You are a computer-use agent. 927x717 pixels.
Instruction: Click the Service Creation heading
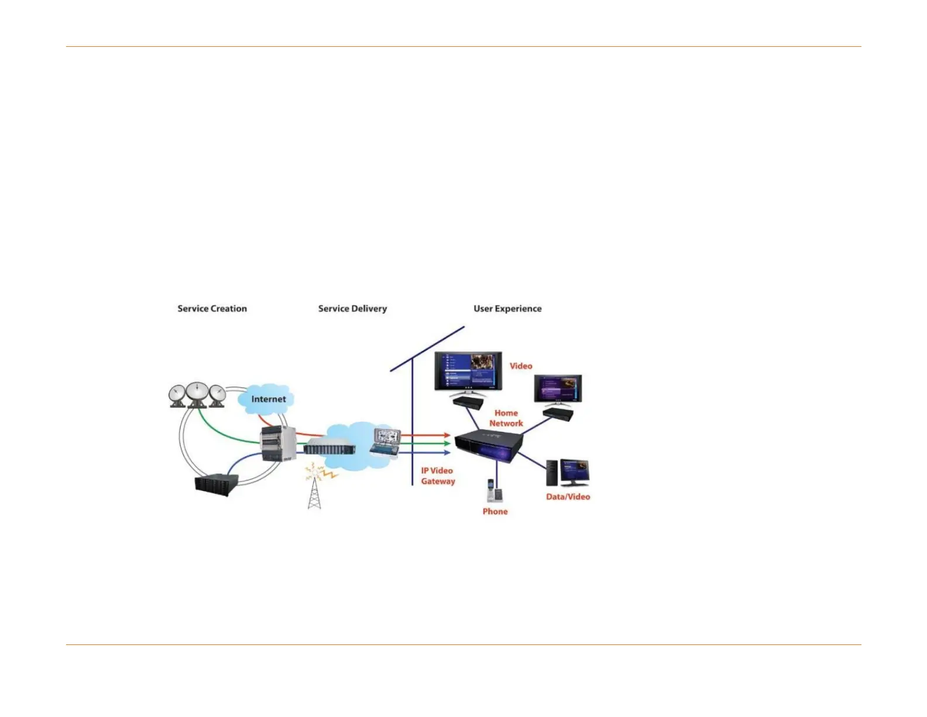pos(212,309)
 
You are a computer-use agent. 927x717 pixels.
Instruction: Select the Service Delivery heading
pos(352,309)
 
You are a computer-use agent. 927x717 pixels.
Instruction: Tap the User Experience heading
pos(507,309)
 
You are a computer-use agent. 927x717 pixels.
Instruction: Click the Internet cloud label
pos(269,399)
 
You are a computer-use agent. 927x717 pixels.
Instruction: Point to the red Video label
pos(521,366)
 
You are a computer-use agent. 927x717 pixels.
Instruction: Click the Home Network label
pos(506,418)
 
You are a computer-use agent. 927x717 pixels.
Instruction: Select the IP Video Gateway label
pos(438,476)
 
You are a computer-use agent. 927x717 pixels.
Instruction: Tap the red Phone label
pos(495,511)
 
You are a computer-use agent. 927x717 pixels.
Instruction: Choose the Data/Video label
pos(568,497)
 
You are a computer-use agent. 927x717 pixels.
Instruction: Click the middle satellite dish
pos(198,394)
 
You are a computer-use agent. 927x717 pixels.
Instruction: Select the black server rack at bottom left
pos(217,484)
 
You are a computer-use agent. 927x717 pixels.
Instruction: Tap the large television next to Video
pos(468,373)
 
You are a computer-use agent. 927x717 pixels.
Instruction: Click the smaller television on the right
pos(558,389)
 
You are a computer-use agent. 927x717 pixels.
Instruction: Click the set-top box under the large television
pos(468,402)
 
